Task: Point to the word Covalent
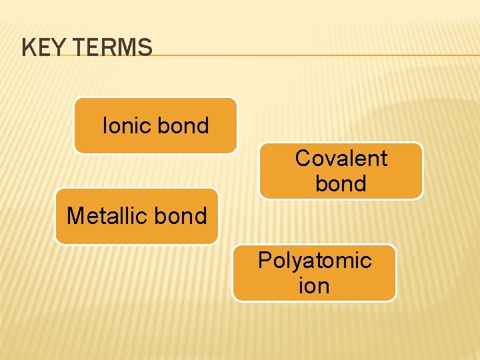click(x=341, y=158)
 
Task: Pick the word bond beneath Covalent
click(x=341, y=183)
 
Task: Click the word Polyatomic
click(x=314, y=260)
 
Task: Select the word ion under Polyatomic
click(x=314, y=285)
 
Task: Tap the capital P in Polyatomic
click(x=265, y=260)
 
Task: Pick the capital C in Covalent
click(x=303, y=158)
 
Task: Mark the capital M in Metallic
click(x=76, y=216)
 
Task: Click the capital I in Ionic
click(x=105, y=125)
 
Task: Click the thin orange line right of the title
click(x=313, y=55)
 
